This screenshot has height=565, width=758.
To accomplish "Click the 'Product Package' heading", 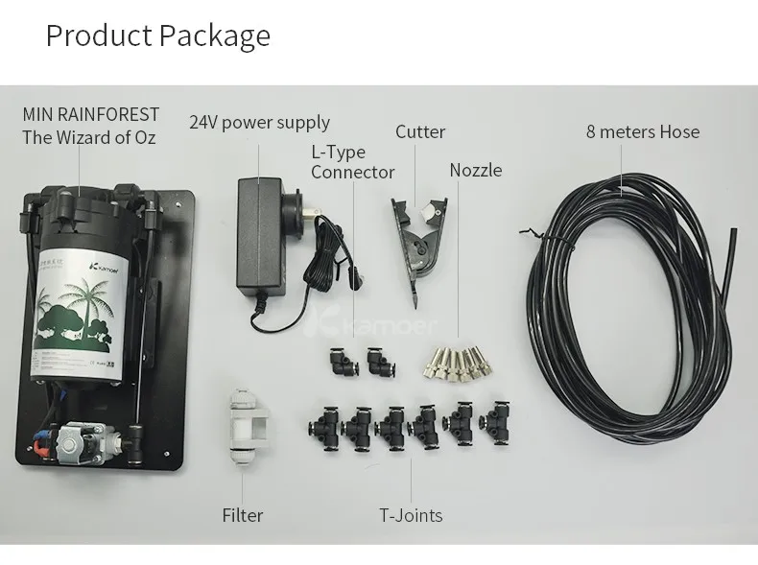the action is point(158,35).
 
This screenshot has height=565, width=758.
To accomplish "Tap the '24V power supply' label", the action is point(259,123).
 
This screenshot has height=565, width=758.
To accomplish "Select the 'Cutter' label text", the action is point(420,131).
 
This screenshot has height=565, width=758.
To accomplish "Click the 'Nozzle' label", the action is point(476,170).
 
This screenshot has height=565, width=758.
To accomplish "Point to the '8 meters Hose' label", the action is point(643,131).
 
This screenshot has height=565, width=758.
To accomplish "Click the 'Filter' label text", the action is point(243,515).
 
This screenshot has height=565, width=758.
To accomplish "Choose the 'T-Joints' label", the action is point(411,515).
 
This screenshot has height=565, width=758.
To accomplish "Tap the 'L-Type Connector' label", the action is point(352,162).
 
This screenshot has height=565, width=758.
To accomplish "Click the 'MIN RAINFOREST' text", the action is point(91,115).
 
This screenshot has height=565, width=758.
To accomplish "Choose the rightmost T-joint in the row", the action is point(496,419).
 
